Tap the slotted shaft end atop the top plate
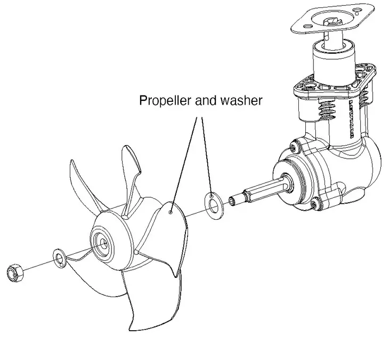[334, 21]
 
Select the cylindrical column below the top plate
[336, 59]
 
